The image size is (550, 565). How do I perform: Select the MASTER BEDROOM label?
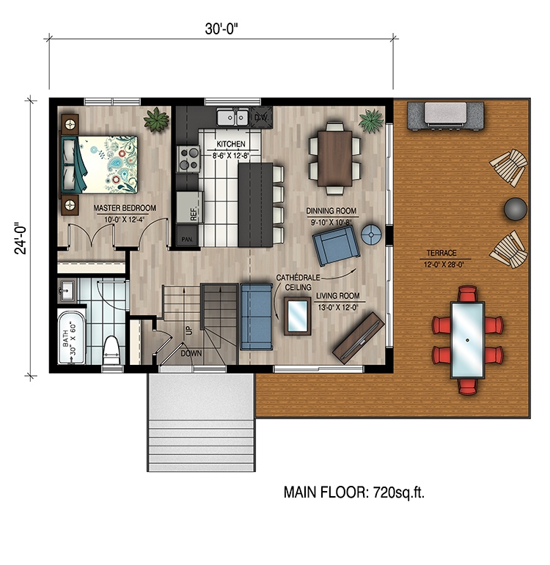(125, 208)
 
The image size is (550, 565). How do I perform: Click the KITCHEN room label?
(230, 144)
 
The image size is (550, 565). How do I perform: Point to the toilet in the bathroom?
(111, 350)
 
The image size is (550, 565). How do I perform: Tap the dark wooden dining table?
(336, 156)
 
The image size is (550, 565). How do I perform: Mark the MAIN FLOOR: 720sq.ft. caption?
(354, 492)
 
